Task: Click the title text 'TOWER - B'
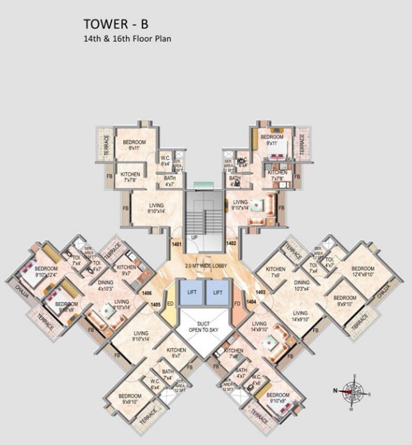coord(116,25)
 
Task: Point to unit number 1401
coord(176,243)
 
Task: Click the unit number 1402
coord(232,243)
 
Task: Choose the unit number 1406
coord(146,294)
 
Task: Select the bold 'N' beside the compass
coord(334,391)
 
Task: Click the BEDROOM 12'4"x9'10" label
coord(363,271)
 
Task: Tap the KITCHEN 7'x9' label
coord(276,272)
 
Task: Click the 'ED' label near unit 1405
coord(171,303)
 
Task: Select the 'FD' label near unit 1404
coord(237,303)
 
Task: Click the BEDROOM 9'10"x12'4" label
coord(46,272)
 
